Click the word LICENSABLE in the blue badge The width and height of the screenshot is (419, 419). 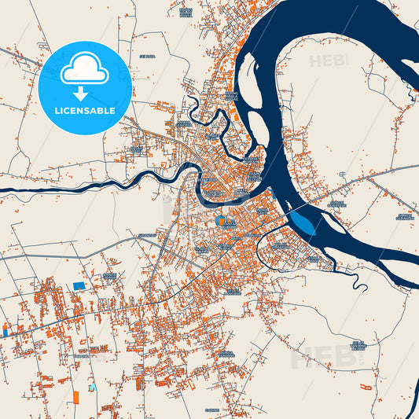point(85,111)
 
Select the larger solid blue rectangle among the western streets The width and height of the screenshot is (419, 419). point(78,285)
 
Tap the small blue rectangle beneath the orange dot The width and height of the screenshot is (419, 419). point(6,333)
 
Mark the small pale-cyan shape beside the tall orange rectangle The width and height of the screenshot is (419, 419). point(92,388)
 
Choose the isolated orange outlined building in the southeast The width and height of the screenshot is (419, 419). point(366,387)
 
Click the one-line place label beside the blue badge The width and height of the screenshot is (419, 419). point(145,57)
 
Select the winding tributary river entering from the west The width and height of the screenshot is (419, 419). point(94,186)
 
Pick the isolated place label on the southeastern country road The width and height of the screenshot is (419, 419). point(358,344)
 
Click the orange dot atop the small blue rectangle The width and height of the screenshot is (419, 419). point(6,325)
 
